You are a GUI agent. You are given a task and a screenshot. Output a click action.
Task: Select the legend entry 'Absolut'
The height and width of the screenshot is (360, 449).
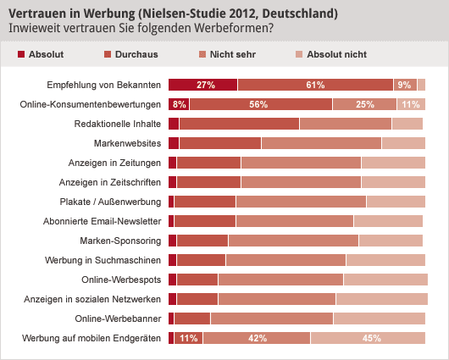coord(41,55)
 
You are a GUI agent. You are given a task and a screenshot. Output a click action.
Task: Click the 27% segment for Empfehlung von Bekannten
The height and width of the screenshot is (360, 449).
coord(203,85)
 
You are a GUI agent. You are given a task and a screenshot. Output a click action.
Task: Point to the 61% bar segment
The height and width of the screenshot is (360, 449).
coord(315,85)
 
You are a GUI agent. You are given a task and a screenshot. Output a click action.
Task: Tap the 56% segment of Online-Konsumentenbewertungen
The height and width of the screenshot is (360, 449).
coord(260,104)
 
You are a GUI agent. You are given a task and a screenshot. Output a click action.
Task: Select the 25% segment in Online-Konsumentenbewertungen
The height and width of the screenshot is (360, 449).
coord(364,104)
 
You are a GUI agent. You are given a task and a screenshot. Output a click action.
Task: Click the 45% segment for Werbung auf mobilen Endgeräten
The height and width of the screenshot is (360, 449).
coord(369,338)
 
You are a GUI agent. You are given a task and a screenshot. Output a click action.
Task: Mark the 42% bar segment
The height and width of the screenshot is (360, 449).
coord(257,338)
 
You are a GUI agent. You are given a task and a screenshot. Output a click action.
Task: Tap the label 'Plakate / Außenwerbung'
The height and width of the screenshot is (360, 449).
coord(110,202)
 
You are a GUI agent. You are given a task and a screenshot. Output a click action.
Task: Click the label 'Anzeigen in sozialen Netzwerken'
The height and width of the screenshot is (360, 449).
coord(93,299)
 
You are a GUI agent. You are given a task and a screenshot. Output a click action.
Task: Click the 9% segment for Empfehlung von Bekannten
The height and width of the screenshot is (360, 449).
coord(404,85)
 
